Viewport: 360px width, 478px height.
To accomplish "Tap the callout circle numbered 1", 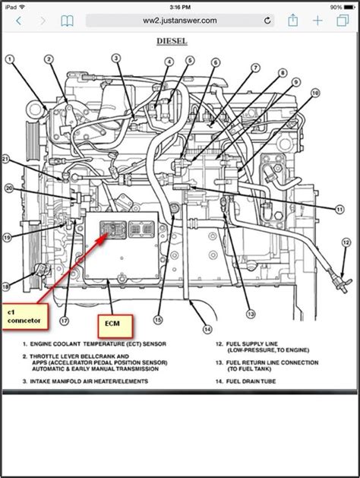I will tap(10, 59).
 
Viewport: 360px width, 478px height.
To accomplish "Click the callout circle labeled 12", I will tap(346, 242).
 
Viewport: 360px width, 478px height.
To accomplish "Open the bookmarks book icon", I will tap(68, 21).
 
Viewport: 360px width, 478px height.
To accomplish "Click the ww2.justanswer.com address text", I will tap(179, 21).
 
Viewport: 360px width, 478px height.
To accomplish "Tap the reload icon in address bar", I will tap(267, 21).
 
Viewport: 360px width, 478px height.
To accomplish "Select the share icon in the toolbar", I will tap(292, 20).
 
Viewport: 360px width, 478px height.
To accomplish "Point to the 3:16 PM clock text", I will tap(179, 6).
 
